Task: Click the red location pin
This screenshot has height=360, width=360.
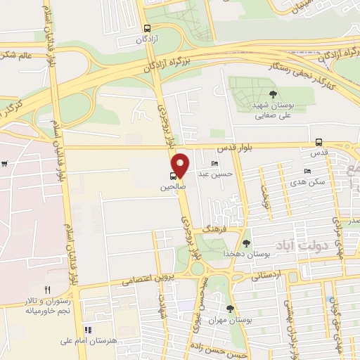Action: (x=181, y=165)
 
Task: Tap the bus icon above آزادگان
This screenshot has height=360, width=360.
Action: (x=146, y=29)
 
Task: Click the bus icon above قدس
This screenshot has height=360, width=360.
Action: (x=319, y=141)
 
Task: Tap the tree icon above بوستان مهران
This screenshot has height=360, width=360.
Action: (x=230, y=309)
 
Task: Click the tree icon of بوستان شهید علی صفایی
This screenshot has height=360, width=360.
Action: (x=273, y=94)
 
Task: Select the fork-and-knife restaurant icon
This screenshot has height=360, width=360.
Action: (x=48, y=289)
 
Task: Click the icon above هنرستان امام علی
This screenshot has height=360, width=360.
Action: (x=88, y=329)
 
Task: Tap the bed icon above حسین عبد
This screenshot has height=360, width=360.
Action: (x=214, y=164)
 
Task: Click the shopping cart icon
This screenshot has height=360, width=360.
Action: (x=4, y=165)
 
